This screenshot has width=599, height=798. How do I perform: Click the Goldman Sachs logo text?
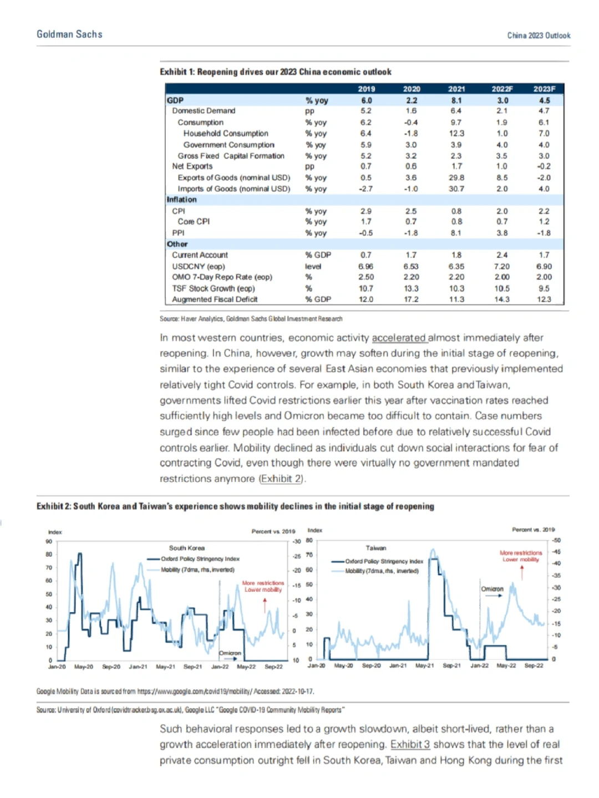69,34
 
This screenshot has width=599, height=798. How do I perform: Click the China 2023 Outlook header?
538,35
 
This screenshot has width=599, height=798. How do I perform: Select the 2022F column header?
502,89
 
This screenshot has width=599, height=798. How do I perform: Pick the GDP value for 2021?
456,100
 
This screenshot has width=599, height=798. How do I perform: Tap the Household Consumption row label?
225,134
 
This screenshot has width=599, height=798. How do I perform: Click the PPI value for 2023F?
544,233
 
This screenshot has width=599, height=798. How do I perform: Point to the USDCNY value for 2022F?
502,266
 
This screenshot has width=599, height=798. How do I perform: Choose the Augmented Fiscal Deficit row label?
214,299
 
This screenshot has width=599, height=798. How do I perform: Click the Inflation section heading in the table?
181,200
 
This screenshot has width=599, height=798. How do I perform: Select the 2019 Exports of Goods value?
366,177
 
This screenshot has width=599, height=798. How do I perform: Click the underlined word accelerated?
399,338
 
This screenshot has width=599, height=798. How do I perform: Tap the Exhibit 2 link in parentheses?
282,479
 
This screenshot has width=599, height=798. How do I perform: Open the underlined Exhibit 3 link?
410,744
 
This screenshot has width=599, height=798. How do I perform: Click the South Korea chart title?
186,548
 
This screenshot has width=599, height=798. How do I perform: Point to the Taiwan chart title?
375,548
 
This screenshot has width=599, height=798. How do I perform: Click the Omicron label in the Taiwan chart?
492,589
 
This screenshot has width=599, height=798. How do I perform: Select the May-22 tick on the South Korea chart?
246,667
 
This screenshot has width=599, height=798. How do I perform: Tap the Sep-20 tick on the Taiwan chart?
371,665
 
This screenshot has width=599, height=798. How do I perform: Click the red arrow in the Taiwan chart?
521,572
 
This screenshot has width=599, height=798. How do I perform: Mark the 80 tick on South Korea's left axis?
49,554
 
